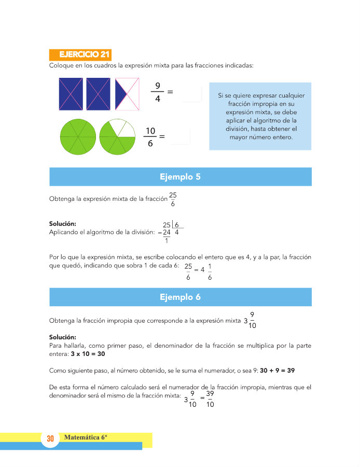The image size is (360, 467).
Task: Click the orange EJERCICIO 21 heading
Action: pos(80,54)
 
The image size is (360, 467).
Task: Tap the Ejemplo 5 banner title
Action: pos(180,177)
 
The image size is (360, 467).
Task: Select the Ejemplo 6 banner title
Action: pos(180,297)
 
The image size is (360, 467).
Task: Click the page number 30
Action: pos(50,439)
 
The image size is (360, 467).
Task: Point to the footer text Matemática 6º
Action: pos(86,437)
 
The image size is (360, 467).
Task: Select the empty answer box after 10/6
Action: pos(180,136)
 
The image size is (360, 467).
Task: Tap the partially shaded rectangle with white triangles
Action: pos(127,93)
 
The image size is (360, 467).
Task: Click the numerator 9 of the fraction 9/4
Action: pos(157,85)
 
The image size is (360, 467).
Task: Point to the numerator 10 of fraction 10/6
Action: pos(150,130)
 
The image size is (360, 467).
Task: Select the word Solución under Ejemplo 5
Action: pos(62,224)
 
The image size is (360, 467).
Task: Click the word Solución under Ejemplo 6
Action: pos(62,337)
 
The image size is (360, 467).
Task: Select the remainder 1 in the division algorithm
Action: pos(166,240)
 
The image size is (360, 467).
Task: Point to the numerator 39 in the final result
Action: pos(210,394)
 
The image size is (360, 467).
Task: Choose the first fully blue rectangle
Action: pos(71,93)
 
